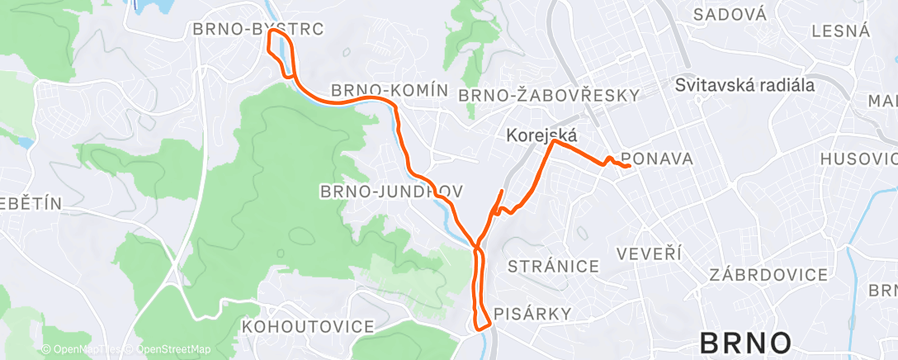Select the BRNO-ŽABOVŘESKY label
(x=549, y=95)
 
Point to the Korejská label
(x=542, y=135)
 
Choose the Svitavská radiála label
(x=744, y=85)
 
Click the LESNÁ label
(x=841, y=31)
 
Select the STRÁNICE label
(x=553, y=266)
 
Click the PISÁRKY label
(x=532, y=313)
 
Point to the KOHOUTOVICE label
(x=308, y=327)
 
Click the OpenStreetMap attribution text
(x=173, y=349)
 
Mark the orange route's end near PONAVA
(x=630, y=167)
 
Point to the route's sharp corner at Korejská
(x=554, y=141)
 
